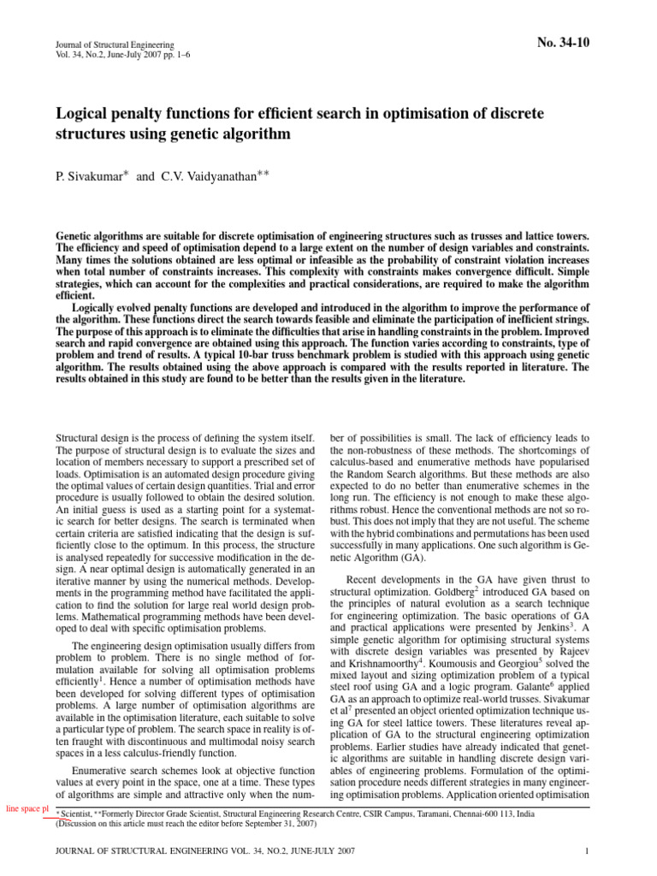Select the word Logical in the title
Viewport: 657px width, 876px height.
point(87,114)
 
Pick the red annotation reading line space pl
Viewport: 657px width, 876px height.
point(26,808)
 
